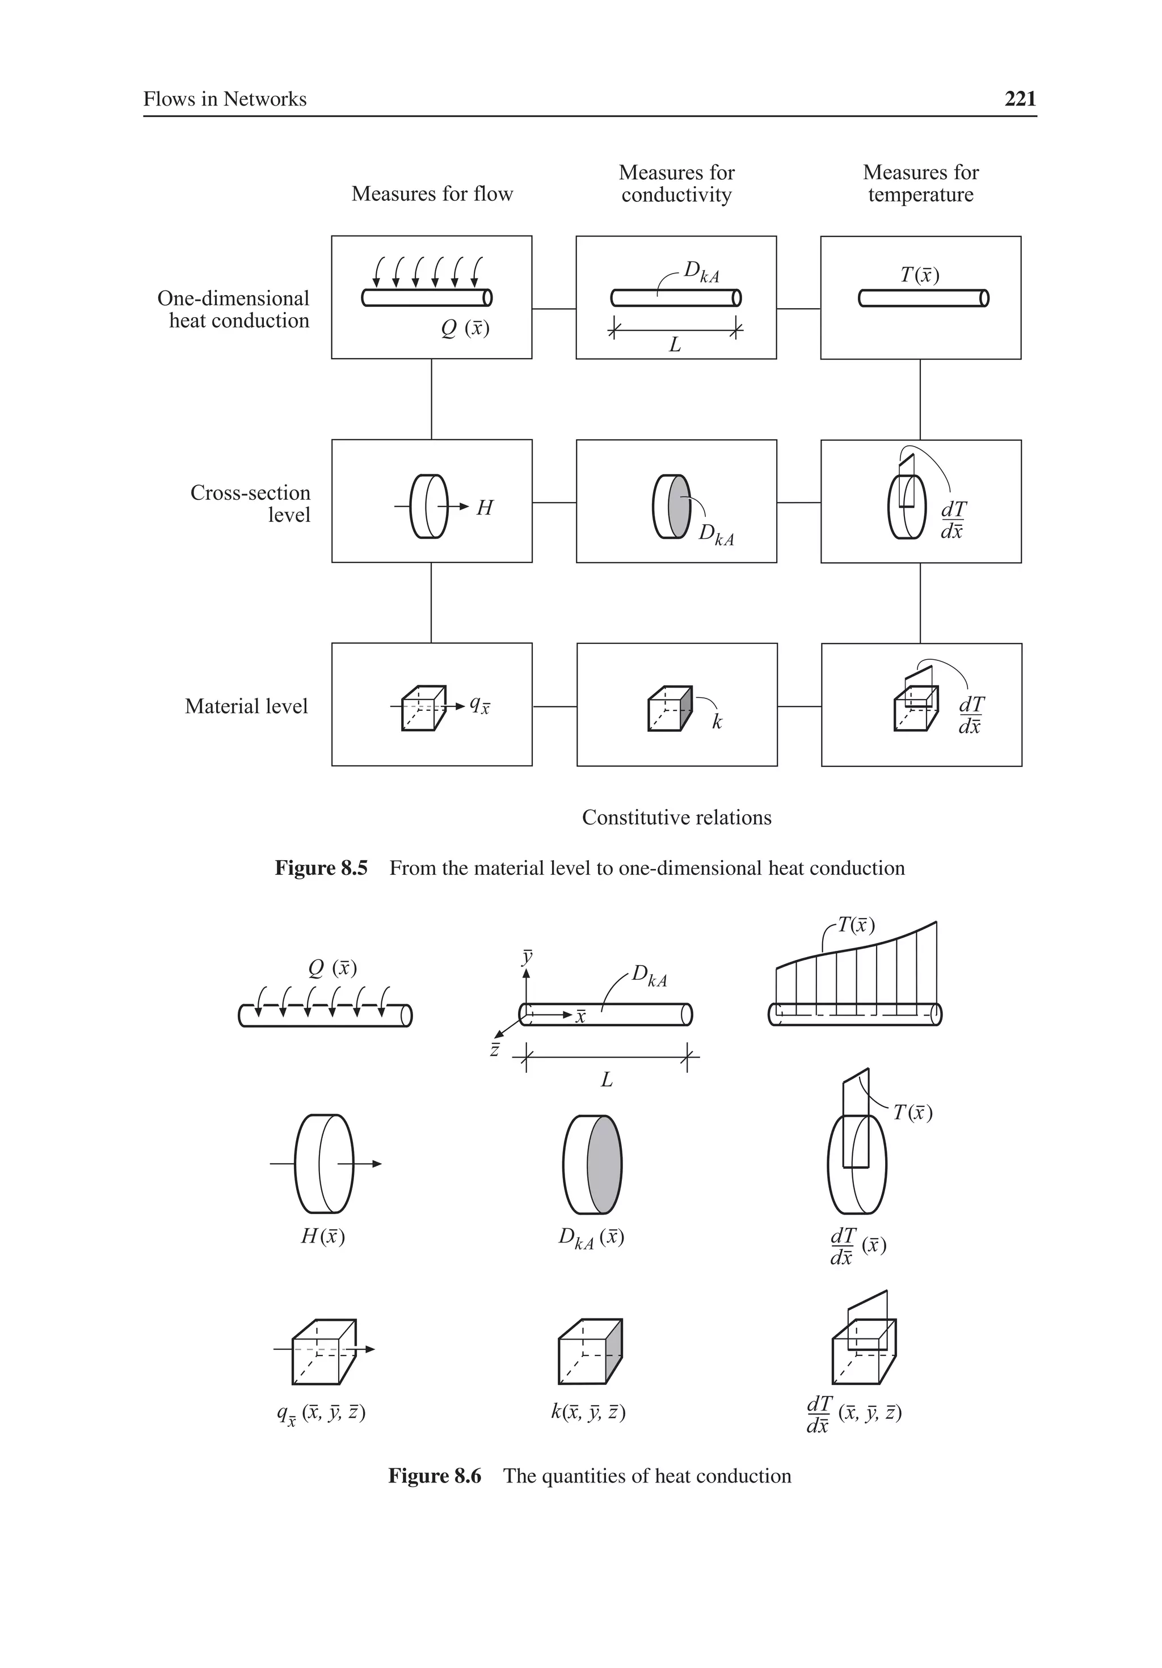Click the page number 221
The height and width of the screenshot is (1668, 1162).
(x=1020, y=99)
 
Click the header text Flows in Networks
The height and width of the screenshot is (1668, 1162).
(x=225, y=99)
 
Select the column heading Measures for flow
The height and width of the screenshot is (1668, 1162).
(x=432, y=194)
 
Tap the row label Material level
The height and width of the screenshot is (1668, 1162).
(x=246, y=706)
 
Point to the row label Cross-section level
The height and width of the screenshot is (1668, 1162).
(x=250, y=503)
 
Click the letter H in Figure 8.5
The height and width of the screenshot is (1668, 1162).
(x=485, y=508)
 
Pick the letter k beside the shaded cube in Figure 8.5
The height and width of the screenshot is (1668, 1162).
(x=717, y=722)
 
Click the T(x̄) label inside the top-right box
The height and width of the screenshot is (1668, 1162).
(x=919, y=275)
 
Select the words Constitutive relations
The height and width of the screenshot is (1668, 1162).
(x=676, y=818)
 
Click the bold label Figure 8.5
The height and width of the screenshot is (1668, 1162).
(x=321, y=868)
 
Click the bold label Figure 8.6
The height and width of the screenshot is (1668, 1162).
(x=434, y=1476)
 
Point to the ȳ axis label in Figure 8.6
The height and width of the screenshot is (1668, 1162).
(x=527, y=956)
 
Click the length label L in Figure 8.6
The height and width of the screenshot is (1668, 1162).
(x=606, y=1080)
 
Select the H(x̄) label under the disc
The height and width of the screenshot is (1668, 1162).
(x=323, y=1236)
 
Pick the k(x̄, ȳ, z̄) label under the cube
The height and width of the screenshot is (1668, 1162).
(x=587, y=1412)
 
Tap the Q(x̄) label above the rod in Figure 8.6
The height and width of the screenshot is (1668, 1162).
(x=332, y=968)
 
